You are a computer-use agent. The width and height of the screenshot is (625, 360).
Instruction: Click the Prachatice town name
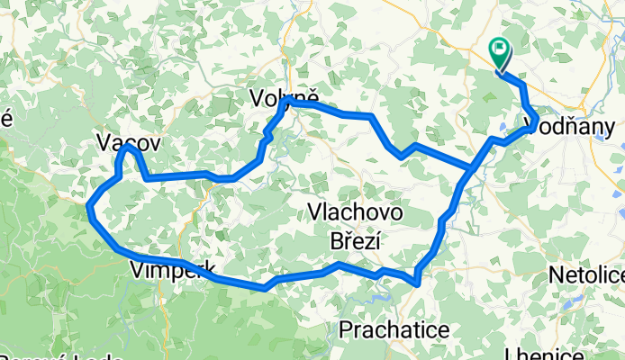[x=394, y=330]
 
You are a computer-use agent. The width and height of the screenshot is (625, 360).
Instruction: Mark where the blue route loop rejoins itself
[x=471, y=168]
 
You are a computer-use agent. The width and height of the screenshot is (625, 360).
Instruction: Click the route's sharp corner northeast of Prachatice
[x=417, y=283]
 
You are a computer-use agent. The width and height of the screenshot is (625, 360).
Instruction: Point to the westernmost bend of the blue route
[x=89, y=209]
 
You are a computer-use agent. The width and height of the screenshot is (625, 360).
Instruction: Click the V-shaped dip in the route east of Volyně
[x=402, y=156]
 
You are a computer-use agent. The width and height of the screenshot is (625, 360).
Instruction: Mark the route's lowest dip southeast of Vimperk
[x=265, y=289]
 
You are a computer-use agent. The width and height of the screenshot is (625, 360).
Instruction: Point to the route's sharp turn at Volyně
[x=290, y=103]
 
